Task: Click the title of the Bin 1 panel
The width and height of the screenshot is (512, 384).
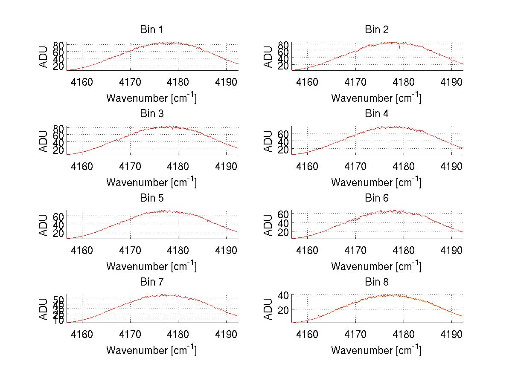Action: coord(151,30)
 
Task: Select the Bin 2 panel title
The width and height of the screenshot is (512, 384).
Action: coord(376,30)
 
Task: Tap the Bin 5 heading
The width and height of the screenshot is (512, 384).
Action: coord(151,198)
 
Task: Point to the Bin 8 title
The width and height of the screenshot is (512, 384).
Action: coord(376,282)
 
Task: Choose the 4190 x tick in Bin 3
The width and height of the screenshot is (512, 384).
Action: coord(227,166)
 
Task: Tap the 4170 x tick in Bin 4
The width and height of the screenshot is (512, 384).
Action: coord(355,166)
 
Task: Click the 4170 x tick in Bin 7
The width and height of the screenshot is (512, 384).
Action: coord(130,334)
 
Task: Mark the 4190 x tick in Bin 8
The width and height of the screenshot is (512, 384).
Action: coord(451,334)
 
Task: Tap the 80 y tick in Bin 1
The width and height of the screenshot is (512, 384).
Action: coord(59,45)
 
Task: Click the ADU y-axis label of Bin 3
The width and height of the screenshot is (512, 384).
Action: coord(44,141)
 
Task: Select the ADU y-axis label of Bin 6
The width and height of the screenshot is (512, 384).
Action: coord(268,225)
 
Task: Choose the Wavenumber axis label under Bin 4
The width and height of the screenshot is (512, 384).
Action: coord(376,182)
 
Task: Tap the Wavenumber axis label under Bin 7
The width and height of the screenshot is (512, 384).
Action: coord(151,350)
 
